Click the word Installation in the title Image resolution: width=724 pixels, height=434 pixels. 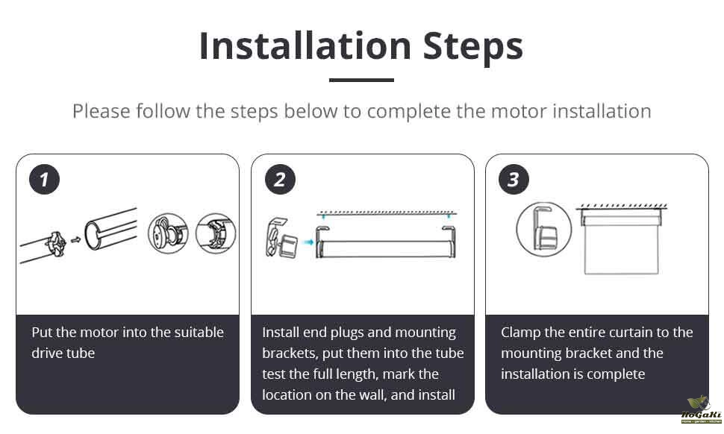click(305, 45)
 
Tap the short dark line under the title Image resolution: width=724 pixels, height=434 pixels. click(361, 80)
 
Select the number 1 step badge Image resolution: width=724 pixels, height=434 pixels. click(44, 180)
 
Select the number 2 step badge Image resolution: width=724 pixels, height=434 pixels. click(280, 180)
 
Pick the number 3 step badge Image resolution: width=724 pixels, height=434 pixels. click(514, 180)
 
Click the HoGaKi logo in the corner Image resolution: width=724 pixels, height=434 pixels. click(701, 410)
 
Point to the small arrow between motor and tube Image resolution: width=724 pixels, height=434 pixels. click(75, 240)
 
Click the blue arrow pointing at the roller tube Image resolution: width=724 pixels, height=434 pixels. click(308, 242)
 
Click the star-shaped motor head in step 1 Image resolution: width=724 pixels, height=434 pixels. click(56, 244)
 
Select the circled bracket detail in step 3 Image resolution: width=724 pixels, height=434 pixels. click(544, 229)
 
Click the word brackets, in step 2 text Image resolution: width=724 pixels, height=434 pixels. click(290, 353)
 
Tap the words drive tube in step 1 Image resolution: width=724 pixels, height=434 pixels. click(63, 353)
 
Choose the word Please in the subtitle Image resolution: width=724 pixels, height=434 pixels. click(102, 111)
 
